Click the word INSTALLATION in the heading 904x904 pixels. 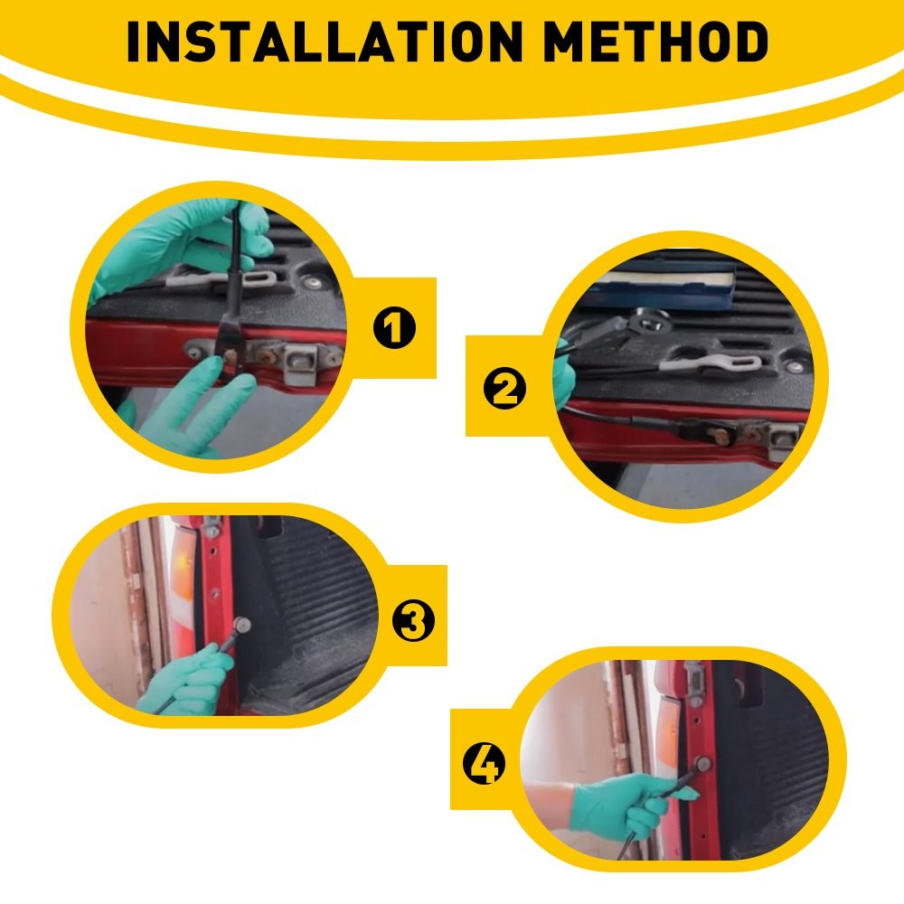click(325, 42)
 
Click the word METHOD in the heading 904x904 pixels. click(655, 42)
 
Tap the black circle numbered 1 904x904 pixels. click(394, 327)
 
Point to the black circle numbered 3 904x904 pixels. click(413, 621)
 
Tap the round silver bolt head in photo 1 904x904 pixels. click(313, 283)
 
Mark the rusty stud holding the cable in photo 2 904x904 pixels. click(719, 437)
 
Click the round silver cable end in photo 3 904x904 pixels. click(241, 625)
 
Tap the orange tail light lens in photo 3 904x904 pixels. click(184, 583)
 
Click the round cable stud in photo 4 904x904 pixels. click(702, 765)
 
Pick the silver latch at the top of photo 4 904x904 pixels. click(693, 683)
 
